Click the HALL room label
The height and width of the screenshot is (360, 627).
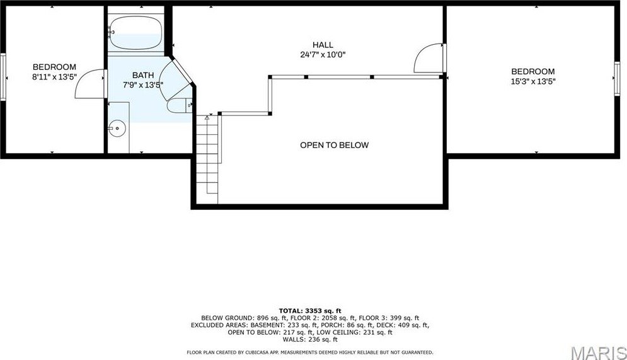pyautogui.click(x=323, y=45)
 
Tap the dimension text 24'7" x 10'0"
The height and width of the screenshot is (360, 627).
pyautogui.click(x=323, y=55)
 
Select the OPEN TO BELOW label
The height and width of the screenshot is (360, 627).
pyautogui.click(x=334, y=145)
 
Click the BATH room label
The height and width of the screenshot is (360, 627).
pyautogui.click(x=142, y=75)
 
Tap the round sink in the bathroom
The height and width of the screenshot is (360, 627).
pyautogui.click(x=117, y=129)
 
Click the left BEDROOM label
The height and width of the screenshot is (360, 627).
pyautogui.click(x=54, y=67)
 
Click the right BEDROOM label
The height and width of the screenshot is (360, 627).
pyautogui.click(x=532, y=71)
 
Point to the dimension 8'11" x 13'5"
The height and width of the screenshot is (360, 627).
pyautogui.click(x=54, y=77)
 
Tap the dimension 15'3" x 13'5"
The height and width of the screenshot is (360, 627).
pyautogui.click(x=532, y=81)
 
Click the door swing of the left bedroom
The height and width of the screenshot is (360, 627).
pyautogui.click(x=90, y=86)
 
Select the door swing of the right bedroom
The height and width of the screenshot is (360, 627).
pyautogui.click(x=429, y=58)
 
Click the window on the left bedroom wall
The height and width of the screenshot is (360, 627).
pyautogui.click(x=3, y=77)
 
